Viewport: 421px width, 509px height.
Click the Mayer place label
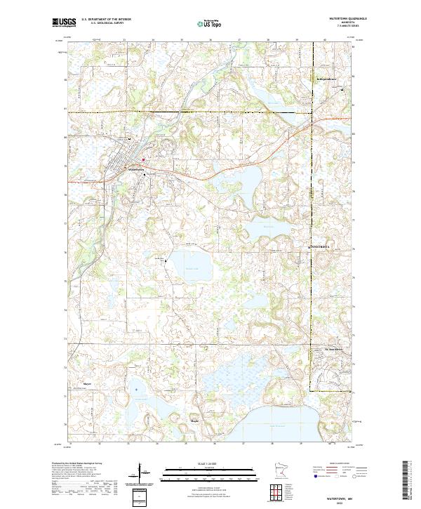[x=87, y=384]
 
